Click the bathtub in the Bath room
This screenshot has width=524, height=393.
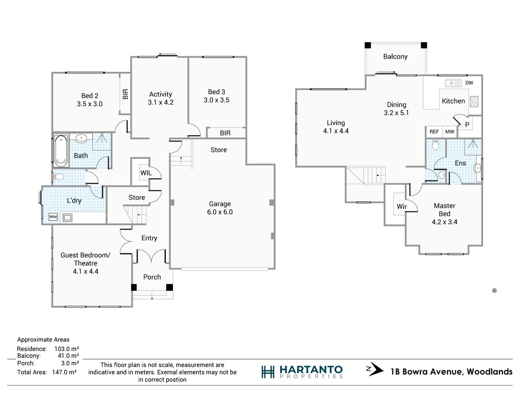[x=61, y=151]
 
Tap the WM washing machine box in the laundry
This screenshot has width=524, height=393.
[x=53, y=217]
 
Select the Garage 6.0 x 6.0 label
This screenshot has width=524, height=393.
[x=220, y=208]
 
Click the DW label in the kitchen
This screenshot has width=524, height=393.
[x=469, y=83]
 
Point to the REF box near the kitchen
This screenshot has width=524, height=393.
[x=434, y=132]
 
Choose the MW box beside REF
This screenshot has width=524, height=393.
[x=450, y=132]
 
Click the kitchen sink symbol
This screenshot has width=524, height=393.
[x=453, y=83]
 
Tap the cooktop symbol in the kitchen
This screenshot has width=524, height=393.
[x=474, y=101]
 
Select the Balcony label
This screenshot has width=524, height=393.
[x=395, y=57]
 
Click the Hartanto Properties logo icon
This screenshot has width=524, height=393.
[x=268, y=372]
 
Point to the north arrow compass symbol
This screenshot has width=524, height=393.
[x=375, y=370]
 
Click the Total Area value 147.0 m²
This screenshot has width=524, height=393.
[x=64, y=372]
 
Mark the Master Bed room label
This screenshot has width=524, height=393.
[x=445, y=210]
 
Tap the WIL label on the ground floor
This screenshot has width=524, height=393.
[x=146, y=173]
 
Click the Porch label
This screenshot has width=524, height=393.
[x=152, y=277]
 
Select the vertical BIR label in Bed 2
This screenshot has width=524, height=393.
[x=125, y=94]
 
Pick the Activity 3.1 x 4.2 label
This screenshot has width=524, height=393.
[x=161, y=98]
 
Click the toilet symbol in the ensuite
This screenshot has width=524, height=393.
[x=435, y=145]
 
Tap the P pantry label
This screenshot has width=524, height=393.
[x=467, y=125]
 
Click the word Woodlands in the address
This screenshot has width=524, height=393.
[x=490, y=371]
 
